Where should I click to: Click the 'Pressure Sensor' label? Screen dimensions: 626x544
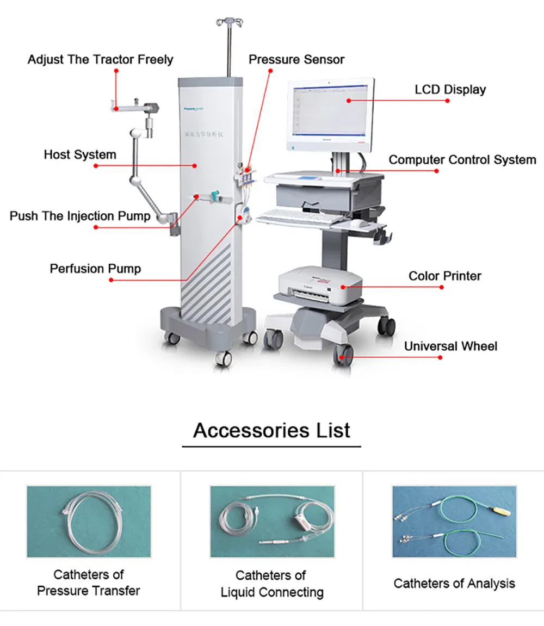coord(296,59)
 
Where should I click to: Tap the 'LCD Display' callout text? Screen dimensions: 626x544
coord(450,89)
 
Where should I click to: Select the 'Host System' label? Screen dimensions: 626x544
coord(80,154)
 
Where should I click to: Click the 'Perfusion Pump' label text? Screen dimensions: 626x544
coord(95,269)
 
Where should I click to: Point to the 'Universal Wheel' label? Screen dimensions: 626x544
coord(450,346)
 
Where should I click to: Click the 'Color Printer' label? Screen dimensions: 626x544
coord(444,276)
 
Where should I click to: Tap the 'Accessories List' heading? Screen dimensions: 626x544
coord(271,430)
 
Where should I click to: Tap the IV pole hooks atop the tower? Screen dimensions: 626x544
coord(229,22)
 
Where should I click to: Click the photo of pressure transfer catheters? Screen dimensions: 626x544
coord(89,521)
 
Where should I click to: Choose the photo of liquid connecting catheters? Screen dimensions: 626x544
coord(272,521)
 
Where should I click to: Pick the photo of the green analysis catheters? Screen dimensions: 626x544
coord(454,521)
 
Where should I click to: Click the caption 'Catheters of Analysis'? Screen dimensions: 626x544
coord(454,584)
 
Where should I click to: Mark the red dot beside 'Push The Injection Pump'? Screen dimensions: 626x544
coord(96,227)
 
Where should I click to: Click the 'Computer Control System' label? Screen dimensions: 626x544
coord(462,160)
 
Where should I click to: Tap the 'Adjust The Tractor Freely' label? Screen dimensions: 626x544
coord(100,59)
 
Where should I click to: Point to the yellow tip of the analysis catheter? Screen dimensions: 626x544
coord(500,511)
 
